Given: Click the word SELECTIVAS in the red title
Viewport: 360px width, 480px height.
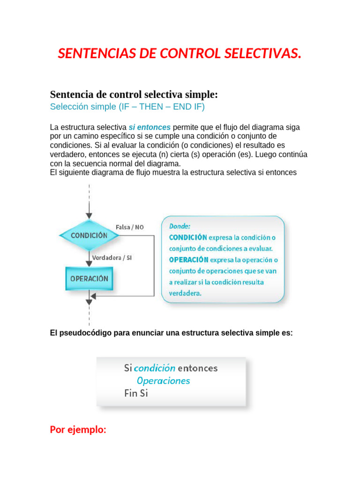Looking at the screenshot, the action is tap(262, 54).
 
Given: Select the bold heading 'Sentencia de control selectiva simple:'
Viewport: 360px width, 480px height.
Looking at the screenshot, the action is tap(134, 94).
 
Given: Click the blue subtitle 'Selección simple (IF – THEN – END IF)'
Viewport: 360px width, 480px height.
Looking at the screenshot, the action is tap(127, 106).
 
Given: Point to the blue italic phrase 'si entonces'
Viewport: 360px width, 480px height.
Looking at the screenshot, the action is tap(150, 127).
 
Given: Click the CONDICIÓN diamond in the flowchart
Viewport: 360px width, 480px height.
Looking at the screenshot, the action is tap(89, 235).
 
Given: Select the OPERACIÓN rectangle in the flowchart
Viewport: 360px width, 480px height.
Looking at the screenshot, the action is tap(89, 278).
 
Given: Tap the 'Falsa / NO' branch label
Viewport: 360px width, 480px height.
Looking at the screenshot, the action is tap(130, 227).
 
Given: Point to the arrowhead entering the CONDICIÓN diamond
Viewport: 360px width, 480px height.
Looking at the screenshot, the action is tap(89, 215).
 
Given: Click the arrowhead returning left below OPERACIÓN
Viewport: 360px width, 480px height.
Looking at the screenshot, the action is tap(93, 296).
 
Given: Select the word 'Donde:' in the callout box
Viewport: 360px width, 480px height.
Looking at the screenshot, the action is tap(180, 225).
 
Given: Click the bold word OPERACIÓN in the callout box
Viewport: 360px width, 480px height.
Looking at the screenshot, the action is tap(188, 259).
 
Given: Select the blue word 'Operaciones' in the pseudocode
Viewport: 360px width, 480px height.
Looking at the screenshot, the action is tap(163, 381).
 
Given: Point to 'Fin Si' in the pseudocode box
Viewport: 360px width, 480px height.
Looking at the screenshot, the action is tap(136, 393).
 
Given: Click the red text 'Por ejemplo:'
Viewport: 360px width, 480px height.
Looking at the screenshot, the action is tap(78, 429).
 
